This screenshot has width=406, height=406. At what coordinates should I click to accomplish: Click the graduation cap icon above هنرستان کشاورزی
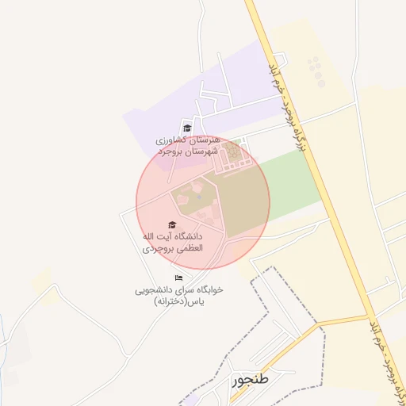tap(188, 128)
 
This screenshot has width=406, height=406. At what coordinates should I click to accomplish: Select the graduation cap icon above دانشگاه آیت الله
tap(173, 225)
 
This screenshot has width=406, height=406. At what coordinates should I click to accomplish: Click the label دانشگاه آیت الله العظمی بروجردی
tap(173, 242)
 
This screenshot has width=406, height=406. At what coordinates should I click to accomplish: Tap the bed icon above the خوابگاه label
tap(178, 278)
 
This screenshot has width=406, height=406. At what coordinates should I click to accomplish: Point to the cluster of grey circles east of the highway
tap(316, 71)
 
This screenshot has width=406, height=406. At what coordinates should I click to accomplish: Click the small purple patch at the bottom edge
tap(190, 399)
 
